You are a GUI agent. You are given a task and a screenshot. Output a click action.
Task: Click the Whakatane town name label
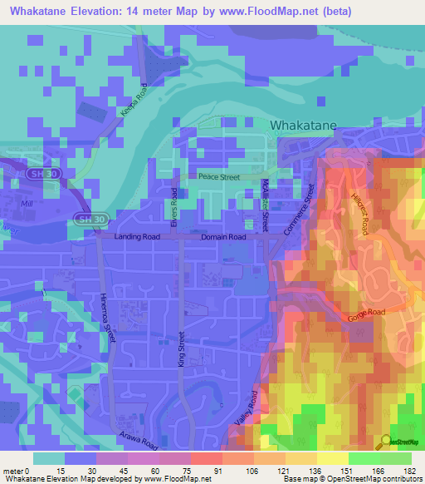304,126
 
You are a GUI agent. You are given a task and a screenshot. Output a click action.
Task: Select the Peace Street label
218,177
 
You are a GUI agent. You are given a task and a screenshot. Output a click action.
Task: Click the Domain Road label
224,237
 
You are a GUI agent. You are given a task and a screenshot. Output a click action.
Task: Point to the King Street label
180,349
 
